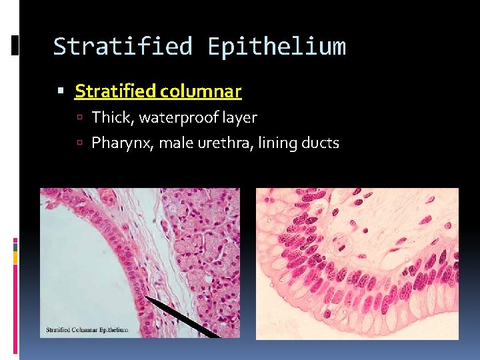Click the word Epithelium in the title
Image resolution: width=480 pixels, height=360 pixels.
[x=277, y=47]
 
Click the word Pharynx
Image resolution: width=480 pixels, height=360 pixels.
[x=121, y=143]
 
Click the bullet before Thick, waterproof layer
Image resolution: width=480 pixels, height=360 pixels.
[x=79, y=119]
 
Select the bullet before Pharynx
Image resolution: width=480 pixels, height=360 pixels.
[x=79, y=143]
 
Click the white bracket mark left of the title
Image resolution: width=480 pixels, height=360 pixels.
[x=15, y=45]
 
